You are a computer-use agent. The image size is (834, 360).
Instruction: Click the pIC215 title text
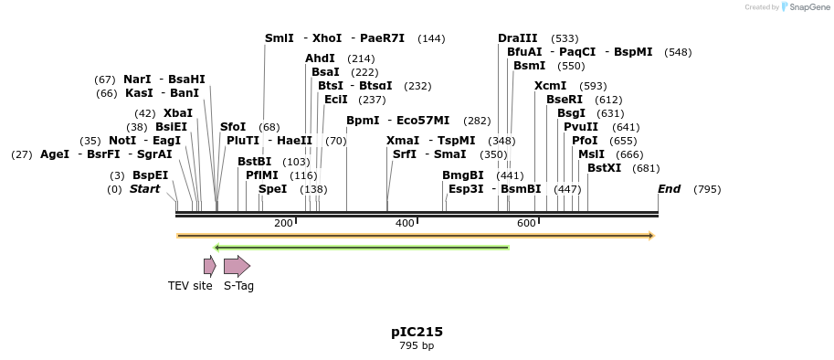click(x=417, y=332)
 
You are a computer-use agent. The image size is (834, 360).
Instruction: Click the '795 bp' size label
click(x=417, y=346)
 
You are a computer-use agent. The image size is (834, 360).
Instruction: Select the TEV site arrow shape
click(x=209, y=266)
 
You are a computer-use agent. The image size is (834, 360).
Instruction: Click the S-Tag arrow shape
click(x=237, y=266)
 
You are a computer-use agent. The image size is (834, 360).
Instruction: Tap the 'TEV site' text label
click(x=190, y=286)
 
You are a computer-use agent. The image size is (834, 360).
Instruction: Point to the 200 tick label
click(x=283, y=224)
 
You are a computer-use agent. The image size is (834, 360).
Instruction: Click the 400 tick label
click(x=405, y=224)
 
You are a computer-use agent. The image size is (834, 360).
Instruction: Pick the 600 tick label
click(x=526, y=224)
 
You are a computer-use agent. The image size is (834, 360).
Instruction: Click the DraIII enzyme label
click(x=518, y=38)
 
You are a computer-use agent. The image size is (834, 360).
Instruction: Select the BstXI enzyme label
click(x=604, y=168)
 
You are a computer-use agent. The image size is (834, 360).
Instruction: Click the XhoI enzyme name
click(x=327, y=38)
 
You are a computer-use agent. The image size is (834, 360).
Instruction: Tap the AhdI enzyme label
click(x=320, y=58)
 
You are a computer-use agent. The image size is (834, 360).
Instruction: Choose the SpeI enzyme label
click(x=272, y=189)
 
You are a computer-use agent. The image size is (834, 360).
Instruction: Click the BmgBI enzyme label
click(x=463, y=175)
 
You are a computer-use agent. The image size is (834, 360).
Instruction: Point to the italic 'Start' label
click(x=144, y=189)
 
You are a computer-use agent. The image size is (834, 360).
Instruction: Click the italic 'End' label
click(x=669, y=189)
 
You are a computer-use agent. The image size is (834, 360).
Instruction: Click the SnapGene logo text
click(x=809, y=6)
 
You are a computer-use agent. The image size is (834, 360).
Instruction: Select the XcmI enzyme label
click(x=550, y=85)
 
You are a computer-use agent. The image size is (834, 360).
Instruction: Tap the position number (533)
click(x=565, y=38)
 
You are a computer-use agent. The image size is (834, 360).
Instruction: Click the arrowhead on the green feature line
click(x=216, y=247)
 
